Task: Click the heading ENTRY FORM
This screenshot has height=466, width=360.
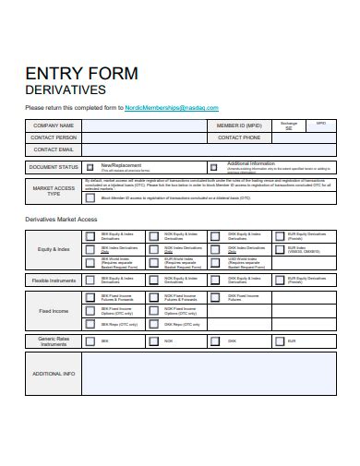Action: coord(81,73)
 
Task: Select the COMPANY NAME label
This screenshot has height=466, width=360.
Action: coord(53,125)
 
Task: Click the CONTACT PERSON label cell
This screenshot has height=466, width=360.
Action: coord(53,137)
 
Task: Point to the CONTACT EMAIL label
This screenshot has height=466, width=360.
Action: coord(53,149)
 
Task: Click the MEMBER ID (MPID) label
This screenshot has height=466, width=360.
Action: coord(240,125)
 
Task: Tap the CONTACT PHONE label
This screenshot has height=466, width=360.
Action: coord(240,137)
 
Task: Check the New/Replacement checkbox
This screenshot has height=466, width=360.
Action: coord(90,168)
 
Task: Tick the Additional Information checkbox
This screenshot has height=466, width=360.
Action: coord(214,168)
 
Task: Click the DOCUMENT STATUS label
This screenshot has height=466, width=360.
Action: coord(53,167)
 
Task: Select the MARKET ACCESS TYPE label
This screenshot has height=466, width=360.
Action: coord(53,191)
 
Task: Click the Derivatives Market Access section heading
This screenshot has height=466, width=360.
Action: coord(60,219)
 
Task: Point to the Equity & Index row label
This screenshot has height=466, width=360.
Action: coord(53,249)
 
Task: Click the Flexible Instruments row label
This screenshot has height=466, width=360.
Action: coord(53,280)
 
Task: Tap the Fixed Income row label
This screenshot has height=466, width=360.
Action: coord(53,311)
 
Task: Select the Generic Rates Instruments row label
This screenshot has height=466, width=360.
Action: coord(53,341)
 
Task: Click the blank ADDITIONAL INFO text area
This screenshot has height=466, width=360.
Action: coord(208,374)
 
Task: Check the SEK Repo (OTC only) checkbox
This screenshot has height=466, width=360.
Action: coord(90,325)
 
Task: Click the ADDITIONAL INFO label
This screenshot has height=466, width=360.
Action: coord(53,374)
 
